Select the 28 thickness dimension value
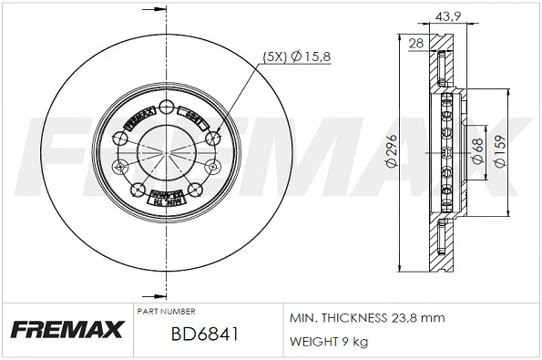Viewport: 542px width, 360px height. (x=416, y=44)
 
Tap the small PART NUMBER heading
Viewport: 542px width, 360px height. (x=165, y=311)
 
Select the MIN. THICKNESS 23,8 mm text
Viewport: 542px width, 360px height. (x=366, y=319)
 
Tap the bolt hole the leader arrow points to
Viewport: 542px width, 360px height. (x=214, y=137)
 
